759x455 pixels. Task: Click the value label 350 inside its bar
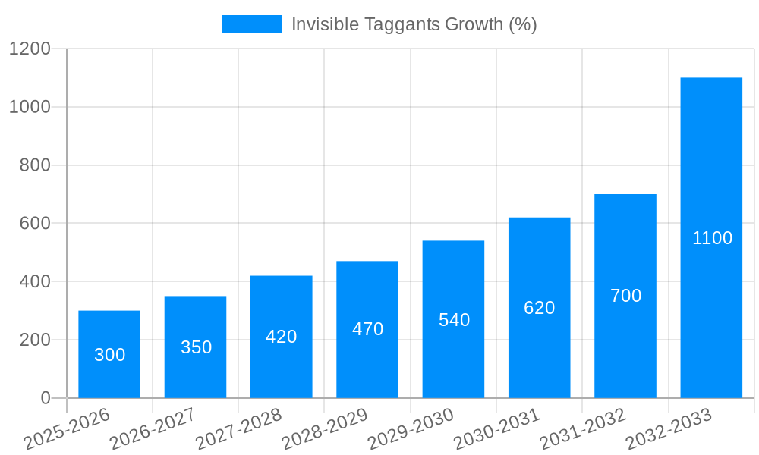coord(196,347)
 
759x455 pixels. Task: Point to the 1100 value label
coord(712,238)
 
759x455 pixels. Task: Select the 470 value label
coord(367,329)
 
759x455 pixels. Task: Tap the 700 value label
coord(625,296)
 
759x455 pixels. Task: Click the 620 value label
coord(539,308)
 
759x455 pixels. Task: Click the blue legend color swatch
coord(251,24)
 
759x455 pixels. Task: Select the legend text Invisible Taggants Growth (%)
coord(414,24)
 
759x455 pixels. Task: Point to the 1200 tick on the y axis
coord(30,49)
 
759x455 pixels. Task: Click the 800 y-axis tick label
coord(34,165)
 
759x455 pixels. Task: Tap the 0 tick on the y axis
coord(45,398)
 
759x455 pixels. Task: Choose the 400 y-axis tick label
coord(34,282)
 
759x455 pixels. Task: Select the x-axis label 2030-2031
coord(497,428)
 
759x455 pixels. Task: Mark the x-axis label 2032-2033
coord(669,428)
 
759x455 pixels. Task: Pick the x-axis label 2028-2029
coord(325,428)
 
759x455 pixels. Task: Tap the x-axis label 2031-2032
coord(583,428)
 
